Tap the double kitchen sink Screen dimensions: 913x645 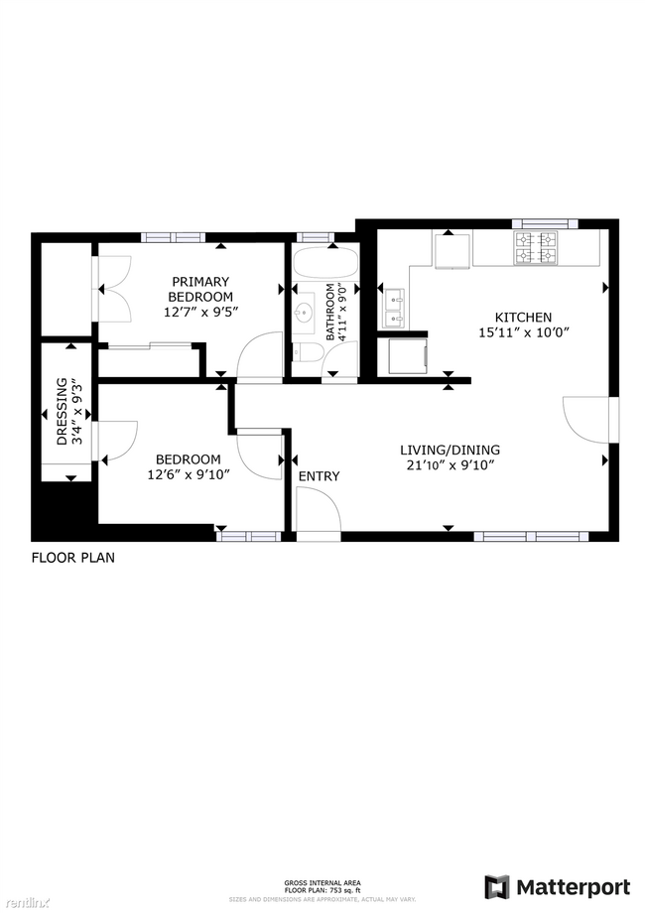[x=393, y=308]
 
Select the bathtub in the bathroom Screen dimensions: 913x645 [x=326, y=262]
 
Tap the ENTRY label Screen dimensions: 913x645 [x=319, y=476]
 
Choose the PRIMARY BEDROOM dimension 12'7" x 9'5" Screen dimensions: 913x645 [x=200, y=313]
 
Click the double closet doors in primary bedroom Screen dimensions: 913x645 [x=111, y=288]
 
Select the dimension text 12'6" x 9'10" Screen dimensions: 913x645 [x=188, y=474]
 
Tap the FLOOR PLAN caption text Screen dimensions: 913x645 [x=72, y=558]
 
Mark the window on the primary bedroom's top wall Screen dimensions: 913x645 [x=173, y=237]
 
